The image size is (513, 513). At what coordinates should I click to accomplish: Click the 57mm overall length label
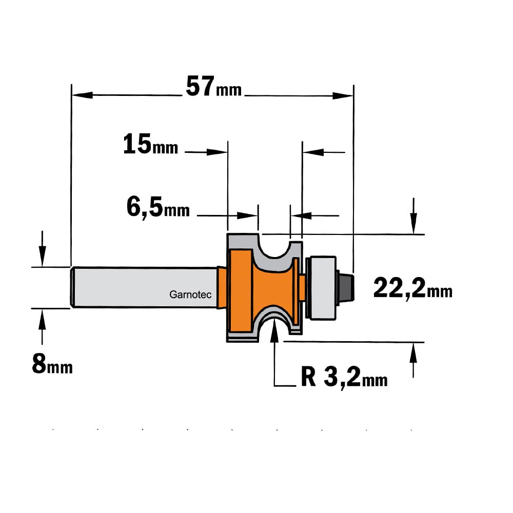point(213,86)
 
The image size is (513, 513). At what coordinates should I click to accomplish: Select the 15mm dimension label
point(150,144)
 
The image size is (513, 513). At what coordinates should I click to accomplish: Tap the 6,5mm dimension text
point(158,208)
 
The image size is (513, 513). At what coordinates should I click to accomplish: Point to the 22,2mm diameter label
point(413,288)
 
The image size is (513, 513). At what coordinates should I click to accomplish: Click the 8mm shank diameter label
point(52,364)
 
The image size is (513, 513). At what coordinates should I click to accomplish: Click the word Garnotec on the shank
point(190,295)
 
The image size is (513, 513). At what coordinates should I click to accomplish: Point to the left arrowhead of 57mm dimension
point(82,95)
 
